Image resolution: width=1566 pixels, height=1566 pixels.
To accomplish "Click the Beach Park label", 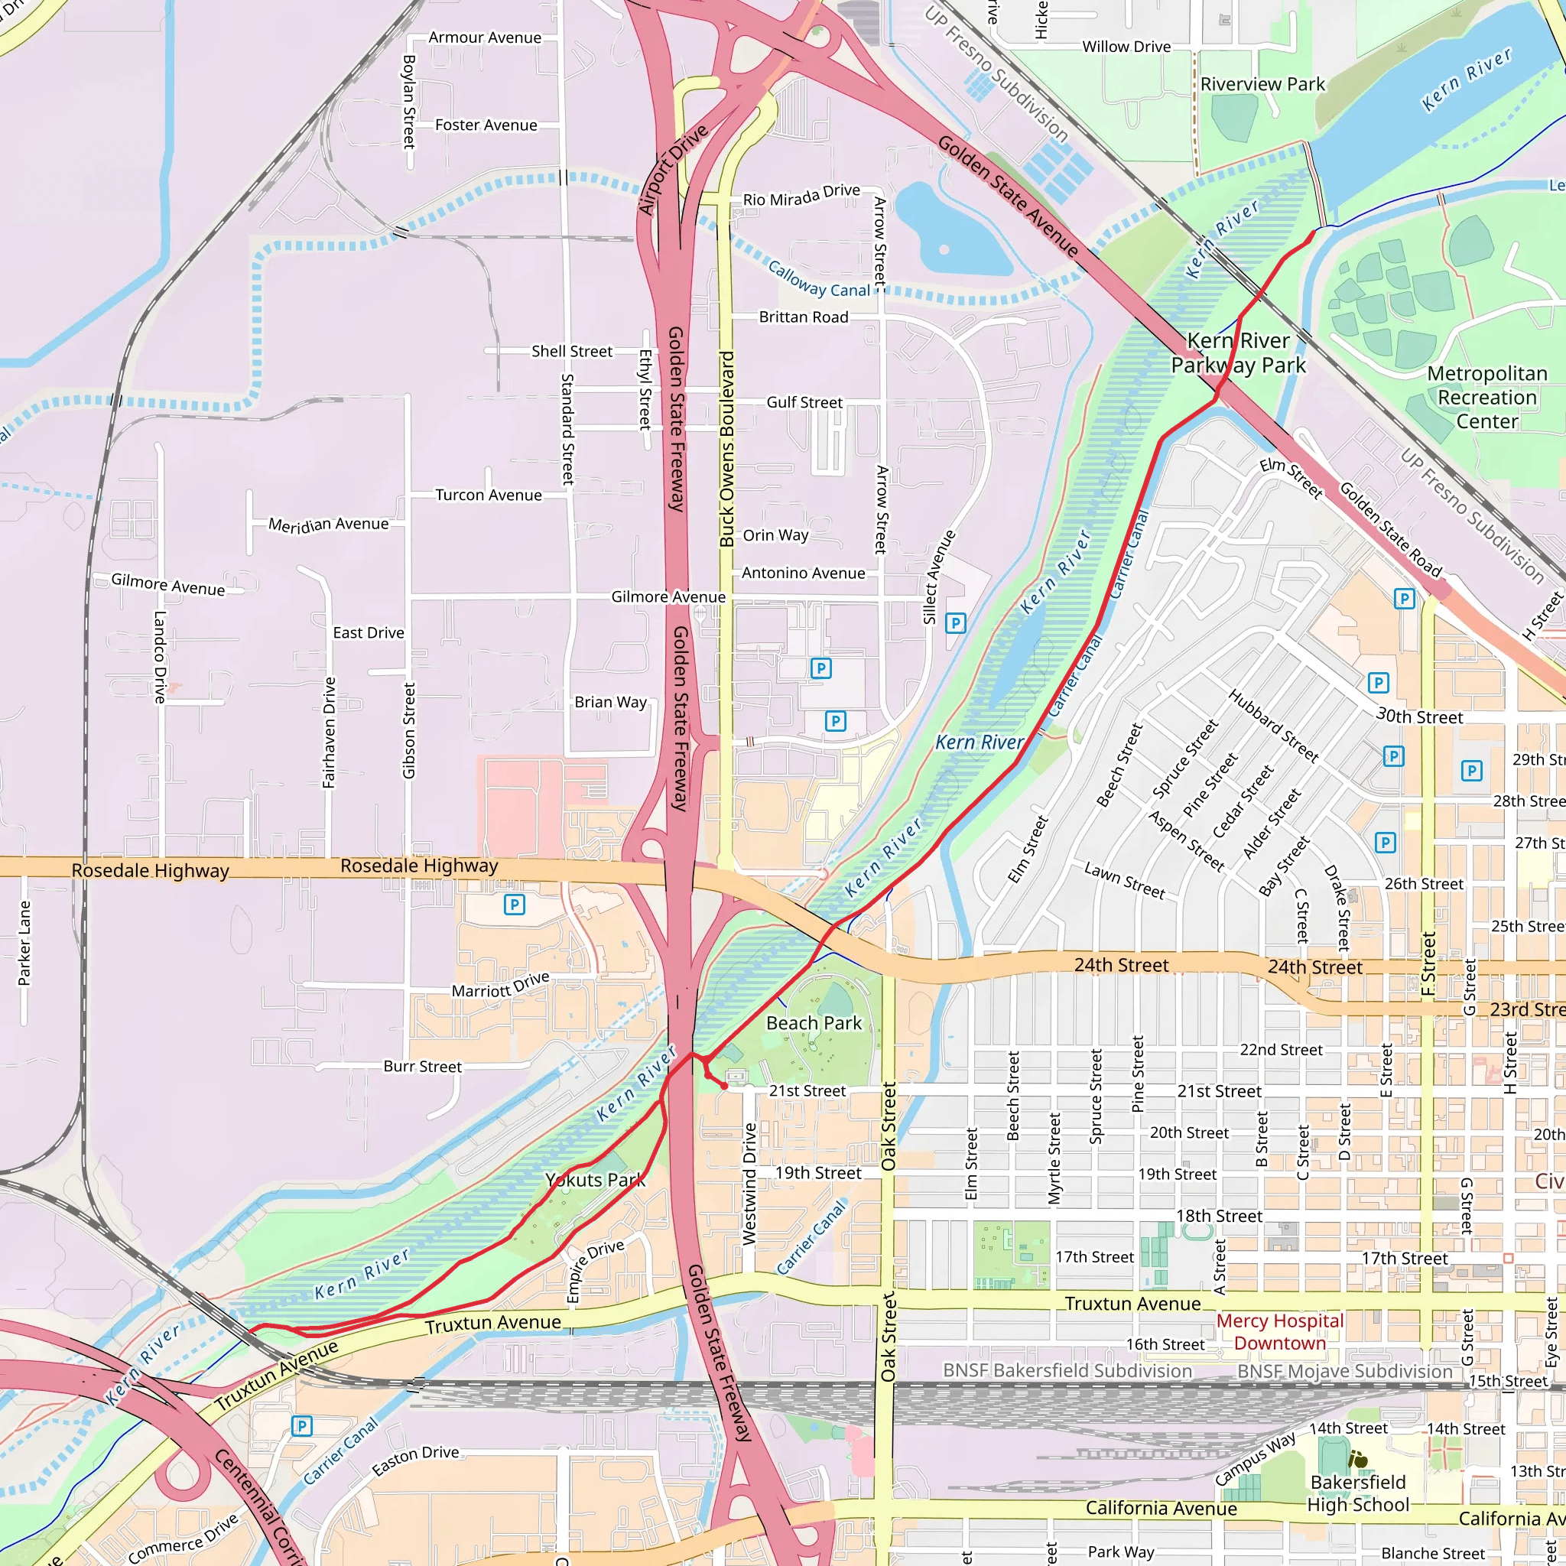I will pos(814,1023).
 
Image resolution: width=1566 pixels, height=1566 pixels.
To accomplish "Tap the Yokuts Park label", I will pos(595,1179).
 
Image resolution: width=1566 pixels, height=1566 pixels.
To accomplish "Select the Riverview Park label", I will pos(1262,84).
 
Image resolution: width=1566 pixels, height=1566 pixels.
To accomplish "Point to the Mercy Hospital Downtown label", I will pos(1280,1332).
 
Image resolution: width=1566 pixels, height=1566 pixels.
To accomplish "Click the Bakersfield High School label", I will pos(1358,1493).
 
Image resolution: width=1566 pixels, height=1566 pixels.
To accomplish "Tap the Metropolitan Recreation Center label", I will pos(1486,397).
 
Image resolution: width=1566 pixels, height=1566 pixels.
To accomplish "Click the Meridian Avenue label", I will pos(328,525).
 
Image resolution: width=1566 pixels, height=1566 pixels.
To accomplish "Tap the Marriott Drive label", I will pos(500,985).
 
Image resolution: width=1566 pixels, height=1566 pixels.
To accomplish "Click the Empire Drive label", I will pos(595,1270).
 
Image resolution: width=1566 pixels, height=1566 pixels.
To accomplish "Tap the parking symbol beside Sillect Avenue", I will pos(956,623).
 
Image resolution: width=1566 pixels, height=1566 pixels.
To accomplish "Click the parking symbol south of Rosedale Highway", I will pos(514,905).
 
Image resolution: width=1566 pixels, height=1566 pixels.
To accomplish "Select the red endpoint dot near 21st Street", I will pos(724,1084).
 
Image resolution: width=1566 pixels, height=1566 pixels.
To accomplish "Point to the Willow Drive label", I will pos(1126,47).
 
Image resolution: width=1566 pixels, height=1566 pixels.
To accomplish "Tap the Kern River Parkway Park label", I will pos(1238,353).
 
